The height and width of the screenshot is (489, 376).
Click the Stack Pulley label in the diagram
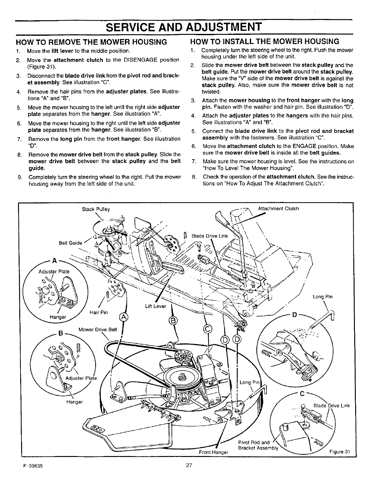[x=96, y=209]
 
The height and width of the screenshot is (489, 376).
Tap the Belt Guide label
[x=70, y=243]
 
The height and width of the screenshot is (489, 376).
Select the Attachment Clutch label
[x=278, y=209]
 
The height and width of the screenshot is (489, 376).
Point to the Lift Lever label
[x=155, y=306]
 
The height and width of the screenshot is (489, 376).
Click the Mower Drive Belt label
[x=98, y=330]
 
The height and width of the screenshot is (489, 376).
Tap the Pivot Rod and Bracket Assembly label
[x=258, y=445]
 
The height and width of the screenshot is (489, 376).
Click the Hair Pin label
[x=99, y=312]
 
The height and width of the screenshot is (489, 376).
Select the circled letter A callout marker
[x=124, y=317]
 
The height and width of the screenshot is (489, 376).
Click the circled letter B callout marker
[x=173, y=320]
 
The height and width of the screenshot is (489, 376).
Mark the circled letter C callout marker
[x=208, y=329]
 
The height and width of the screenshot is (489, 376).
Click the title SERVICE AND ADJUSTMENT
[x=184, y=27]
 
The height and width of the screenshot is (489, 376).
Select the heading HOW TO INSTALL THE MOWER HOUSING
[x=264, y=42]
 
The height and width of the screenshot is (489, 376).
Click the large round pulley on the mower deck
[x=181, y=380]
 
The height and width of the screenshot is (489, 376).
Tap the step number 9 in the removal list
[x=20, y=177]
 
